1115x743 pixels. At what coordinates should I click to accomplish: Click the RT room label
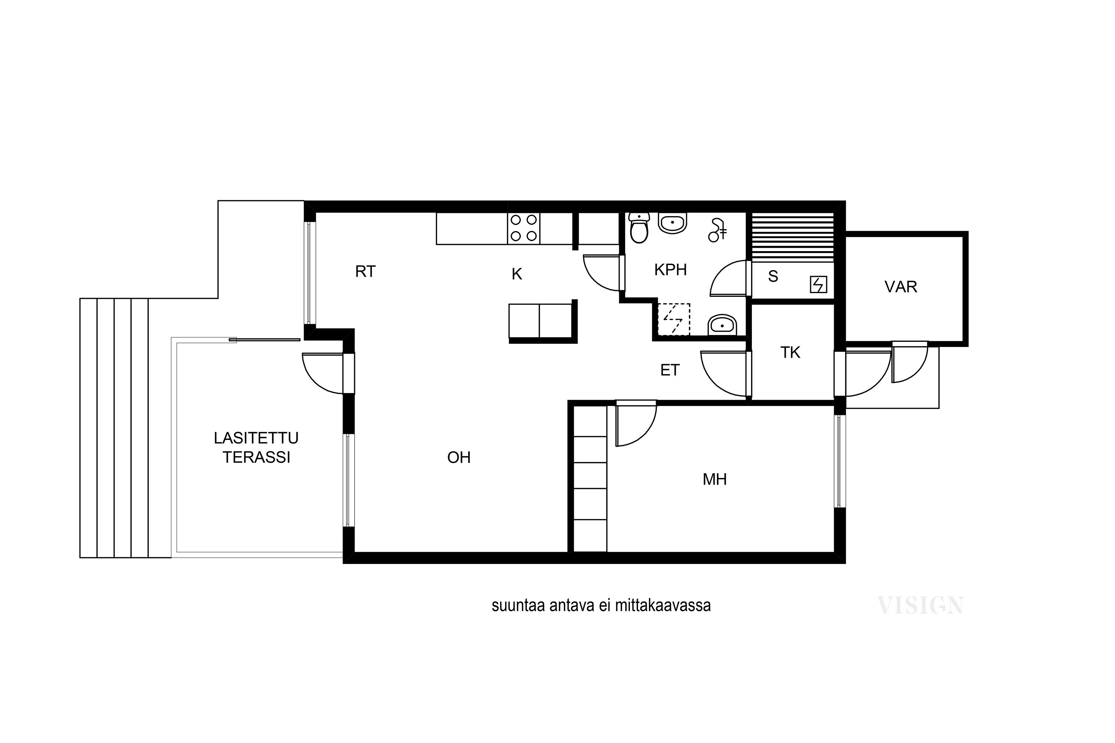pyautogui.click(x=365, y=272)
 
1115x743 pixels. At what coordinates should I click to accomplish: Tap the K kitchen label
pyautogui.click(x=517, y=274)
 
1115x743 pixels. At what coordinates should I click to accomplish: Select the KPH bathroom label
pyautogui.click(x=670, y=270)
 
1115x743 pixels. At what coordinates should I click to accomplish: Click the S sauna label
pyautogui.click(x=773, y=276)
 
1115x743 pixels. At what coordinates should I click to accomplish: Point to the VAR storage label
pyautogui.click(x=901, y=287)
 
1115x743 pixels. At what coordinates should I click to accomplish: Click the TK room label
pyautogui.click(x=790, y=353)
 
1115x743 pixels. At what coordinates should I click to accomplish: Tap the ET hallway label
pyautogui.click(x=670, y=370)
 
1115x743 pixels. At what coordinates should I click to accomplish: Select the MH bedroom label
pyautogui.click(x=714, y=480)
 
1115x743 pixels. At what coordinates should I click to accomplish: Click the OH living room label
pyautogui.click(x=459, y=457)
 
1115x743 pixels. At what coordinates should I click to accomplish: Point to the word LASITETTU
pyautogui.click(x=256, y=438)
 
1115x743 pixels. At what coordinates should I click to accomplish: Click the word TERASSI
pyautogui.click(x=256, y=457)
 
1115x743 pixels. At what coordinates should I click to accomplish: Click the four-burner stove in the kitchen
pyautogui.click(x=523, y=228)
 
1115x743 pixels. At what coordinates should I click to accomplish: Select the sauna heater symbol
pyautogui.click(x=818, y=285)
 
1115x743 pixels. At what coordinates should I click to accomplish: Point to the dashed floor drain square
pyautogui.click(x=673, y=319)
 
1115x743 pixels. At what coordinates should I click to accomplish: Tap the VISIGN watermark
pyautogui.click(x=921, y=606)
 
